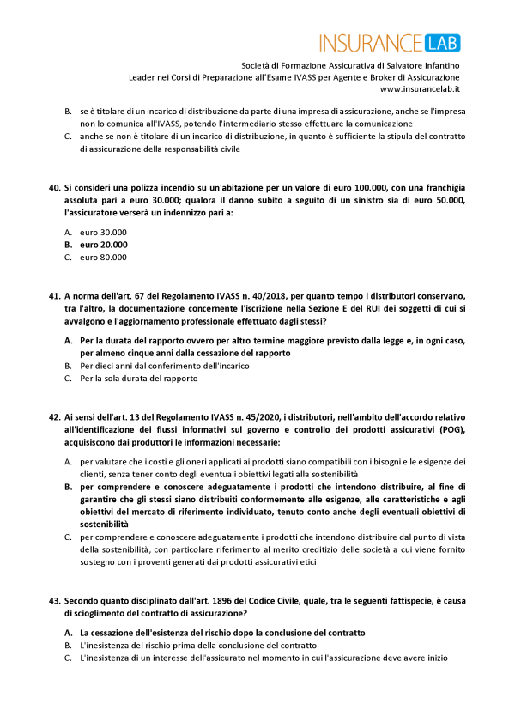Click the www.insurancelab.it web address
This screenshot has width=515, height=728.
click(420, 88)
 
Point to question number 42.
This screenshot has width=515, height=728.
click(53, 417)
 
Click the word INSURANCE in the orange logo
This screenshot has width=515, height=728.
click(371, 43)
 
